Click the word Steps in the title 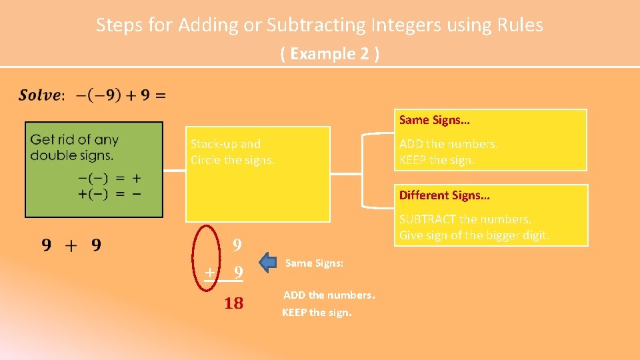tap(116, 25)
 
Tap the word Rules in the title tap(520, 25)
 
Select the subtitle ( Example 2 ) tap(331, 54)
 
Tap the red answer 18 tap(233, 304)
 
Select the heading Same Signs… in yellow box tap(434, 120)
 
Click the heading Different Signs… tap(444, 195)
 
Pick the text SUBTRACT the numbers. tap(465, 219)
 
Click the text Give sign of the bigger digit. tap(475, 235)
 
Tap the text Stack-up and tap(225, 143)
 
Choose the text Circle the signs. tap(232, 160)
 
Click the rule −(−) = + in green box tap(109, 179)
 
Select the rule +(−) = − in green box tap(109, 193)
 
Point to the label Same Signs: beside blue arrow tap(314, 263)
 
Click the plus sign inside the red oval tap(209, 272)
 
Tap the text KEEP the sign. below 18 tap(317, 312)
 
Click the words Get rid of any tap(74, 140)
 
